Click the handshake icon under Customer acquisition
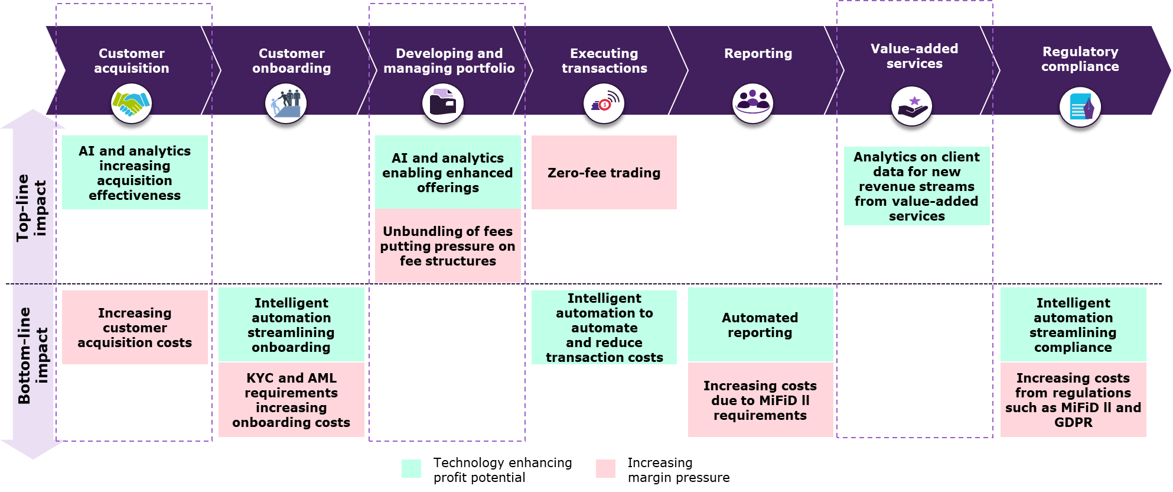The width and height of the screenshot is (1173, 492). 132,103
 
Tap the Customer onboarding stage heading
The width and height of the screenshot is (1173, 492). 291,61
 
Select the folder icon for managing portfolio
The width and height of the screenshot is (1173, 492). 443,103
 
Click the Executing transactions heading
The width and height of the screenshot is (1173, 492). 604,61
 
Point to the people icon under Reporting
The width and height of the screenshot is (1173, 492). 752,103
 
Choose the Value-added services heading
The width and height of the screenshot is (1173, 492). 914,56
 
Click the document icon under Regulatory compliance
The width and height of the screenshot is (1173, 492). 1080,107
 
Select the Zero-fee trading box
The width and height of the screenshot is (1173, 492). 604,173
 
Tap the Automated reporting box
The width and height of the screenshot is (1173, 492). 760,325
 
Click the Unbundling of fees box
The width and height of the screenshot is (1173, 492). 448,246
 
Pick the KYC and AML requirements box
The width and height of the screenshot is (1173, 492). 291,400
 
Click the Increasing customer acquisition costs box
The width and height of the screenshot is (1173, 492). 135,328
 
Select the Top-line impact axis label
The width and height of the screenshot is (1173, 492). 31,208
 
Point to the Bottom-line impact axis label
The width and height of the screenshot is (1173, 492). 32,355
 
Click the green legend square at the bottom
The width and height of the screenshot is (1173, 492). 411,468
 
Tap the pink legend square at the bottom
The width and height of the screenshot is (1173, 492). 605,468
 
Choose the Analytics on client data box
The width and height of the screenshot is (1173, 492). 917,186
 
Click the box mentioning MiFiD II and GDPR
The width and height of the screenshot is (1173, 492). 1073,400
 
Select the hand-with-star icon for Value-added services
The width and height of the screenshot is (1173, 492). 911,106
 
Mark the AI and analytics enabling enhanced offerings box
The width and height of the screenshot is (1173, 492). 448,173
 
